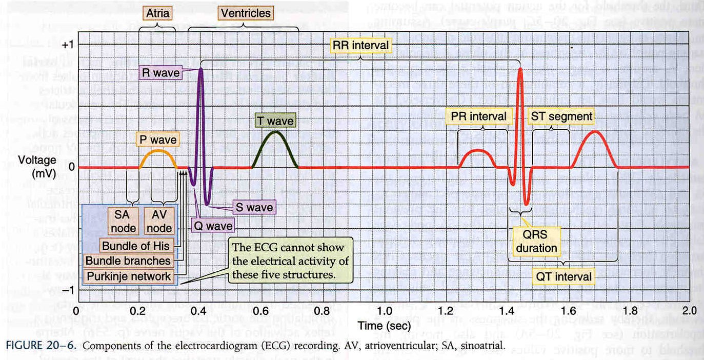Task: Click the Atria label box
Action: click(x=157, y=13)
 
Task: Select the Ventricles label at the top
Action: click(x=245, y=13)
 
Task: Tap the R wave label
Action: click(x=161, y=73)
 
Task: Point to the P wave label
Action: click(x=157, y=139)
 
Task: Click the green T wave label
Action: click(x=275, y=121)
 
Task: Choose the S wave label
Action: click(x=254, y=207)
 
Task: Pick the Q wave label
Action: click(x=212, y=225)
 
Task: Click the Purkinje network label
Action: click(x=129, y=276)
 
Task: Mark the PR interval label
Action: click(x=479, y=116)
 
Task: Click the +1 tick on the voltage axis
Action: click(x=68, y=45)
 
